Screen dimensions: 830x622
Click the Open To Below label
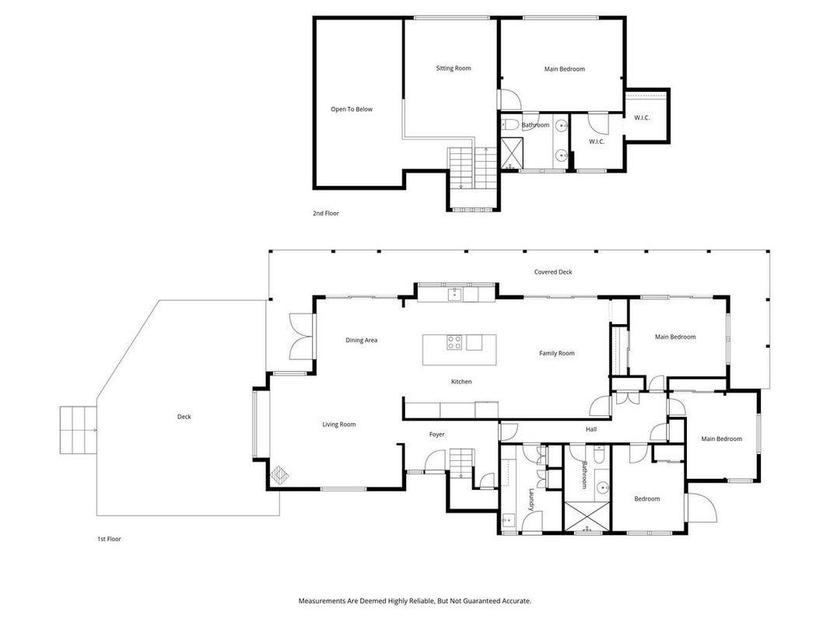(x=352, y=110)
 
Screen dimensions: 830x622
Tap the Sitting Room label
(x=453, y=68)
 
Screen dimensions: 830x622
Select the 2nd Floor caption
(x=325, y=213)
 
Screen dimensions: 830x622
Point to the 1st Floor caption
(x=109, y=539)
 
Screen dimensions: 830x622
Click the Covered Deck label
(x=553, y=272)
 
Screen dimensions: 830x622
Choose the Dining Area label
(x=362, y=340)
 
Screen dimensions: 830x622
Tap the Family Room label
(x=557, y=353)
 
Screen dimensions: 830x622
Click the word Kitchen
(x=461, y=381)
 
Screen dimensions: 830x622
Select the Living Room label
(x=339, y=425)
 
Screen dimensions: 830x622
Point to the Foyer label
(x=436, y=435)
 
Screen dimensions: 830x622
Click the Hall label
(x=591, y=429)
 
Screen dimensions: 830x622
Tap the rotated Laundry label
(x=531, y=499)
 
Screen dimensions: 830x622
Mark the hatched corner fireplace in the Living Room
(x=280, y=475)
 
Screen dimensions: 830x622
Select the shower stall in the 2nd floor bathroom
(x=512, y=153)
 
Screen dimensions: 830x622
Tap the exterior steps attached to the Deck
(x=79, y=430)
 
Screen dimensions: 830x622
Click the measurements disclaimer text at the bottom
(x=415, y=601)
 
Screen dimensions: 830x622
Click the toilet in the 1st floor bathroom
(x=599, y=455)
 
